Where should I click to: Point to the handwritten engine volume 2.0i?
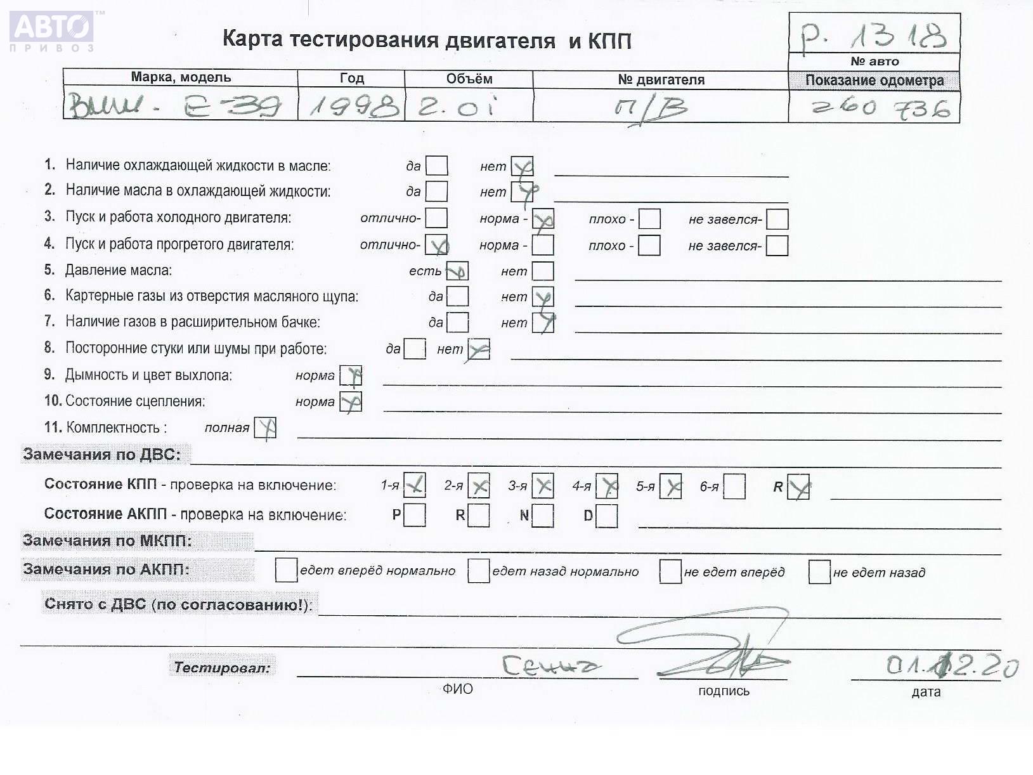click(457, 107)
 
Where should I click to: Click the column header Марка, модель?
click(181, 77)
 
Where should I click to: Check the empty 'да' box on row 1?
click(436, 166)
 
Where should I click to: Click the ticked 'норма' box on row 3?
click(543, 219)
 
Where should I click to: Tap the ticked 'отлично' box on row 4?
click(436, 245)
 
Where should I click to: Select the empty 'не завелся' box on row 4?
click(777, 245)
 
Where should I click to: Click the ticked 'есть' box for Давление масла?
click(457, 271)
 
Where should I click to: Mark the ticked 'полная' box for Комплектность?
click(265, 428)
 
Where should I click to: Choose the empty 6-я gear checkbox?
click(734, 486)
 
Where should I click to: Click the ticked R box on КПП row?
click(798, 487)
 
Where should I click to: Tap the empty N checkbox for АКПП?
click(543, 516)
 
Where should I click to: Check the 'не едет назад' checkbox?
click(819, 571)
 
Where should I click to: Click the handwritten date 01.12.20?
click(951, 666)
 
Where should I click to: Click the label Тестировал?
click(222, 667)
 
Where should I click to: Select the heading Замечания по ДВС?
click(102, 454)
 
